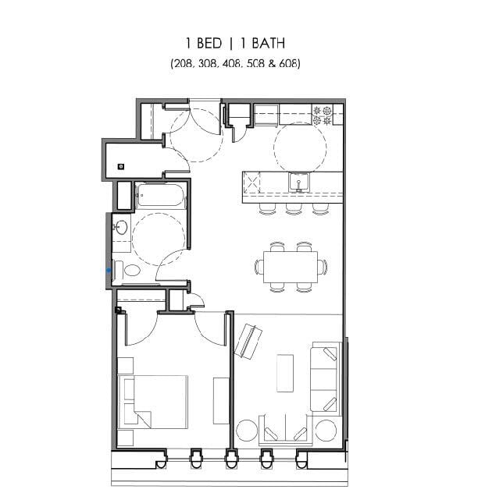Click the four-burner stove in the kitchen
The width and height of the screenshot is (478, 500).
[x=323, y=115]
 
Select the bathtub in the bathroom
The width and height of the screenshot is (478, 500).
[x=162, y=197]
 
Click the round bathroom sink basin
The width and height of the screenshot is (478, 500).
[x=121, y=228]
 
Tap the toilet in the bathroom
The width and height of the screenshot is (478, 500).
[x=129, y=271]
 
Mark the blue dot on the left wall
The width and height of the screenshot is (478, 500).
[x=109, y=270]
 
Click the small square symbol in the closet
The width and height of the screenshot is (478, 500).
[x=121, y=165]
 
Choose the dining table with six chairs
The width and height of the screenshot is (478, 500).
[x=291, y=266]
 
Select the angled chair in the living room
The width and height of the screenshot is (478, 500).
[x=248, y=340]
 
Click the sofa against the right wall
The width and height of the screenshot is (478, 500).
[x=325, y=377]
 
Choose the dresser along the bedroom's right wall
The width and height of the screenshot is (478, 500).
[x=221, y=399]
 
